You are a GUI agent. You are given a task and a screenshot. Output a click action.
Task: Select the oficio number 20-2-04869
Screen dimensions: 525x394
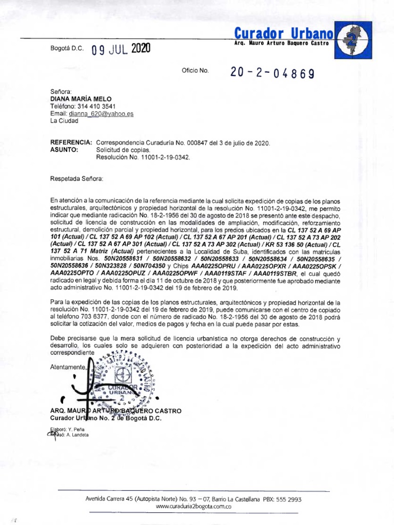pos(272,73)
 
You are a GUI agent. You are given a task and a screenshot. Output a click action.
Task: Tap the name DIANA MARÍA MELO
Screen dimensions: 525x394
pos(80,99)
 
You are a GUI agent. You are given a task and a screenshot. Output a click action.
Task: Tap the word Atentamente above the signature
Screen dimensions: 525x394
pos(67,368)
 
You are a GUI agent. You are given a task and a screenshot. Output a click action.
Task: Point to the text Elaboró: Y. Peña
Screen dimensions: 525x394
pos(64,429)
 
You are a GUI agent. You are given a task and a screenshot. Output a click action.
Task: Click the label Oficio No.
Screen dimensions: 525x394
pos(195,71)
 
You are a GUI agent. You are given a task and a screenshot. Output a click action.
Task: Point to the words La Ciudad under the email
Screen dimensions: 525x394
pos(64,121)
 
